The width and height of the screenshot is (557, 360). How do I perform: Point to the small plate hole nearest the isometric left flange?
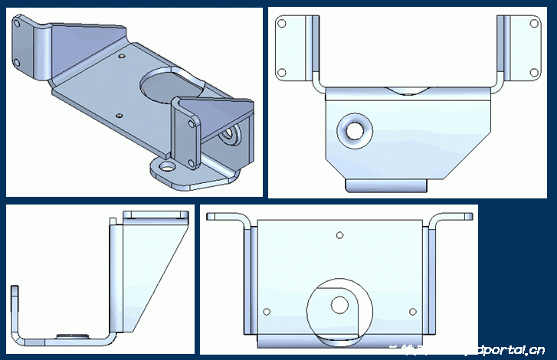[x=122, y=57]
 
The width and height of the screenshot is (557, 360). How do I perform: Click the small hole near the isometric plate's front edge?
[x=119, y=116]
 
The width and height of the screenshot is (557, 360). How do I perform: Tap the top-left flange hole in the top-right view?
[x=282, y=24]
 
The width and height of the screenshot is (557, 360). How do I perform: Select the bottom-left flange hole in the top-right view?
[x=282, y=74]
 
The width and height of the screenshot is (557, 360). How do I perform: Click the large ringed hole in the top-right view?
[x=355, y=131]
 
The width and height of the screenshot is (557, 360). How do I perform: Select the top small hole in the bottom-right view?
[x=339, y=235]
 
